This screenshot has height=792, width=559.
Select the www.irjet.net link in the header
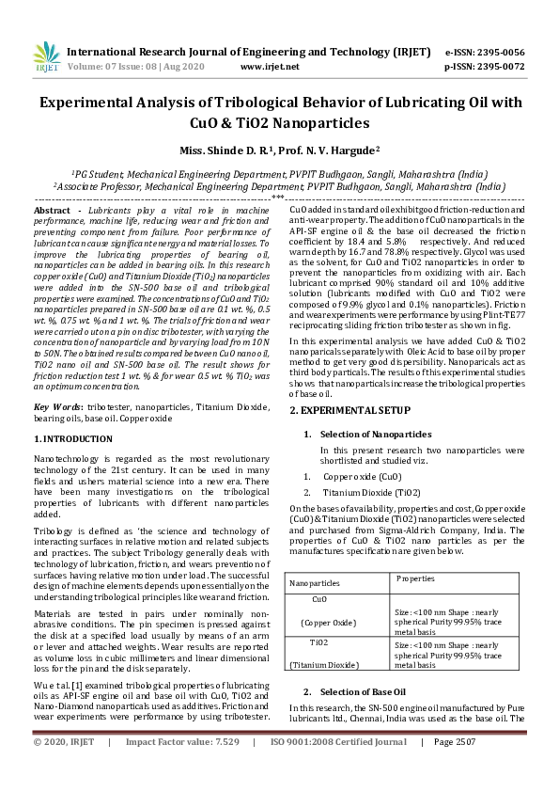(270, 67)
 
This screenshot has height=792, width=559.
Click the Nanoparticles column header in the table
(315, 583)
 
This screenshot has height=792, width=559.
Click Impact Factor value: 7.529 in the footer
(182, 768)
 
